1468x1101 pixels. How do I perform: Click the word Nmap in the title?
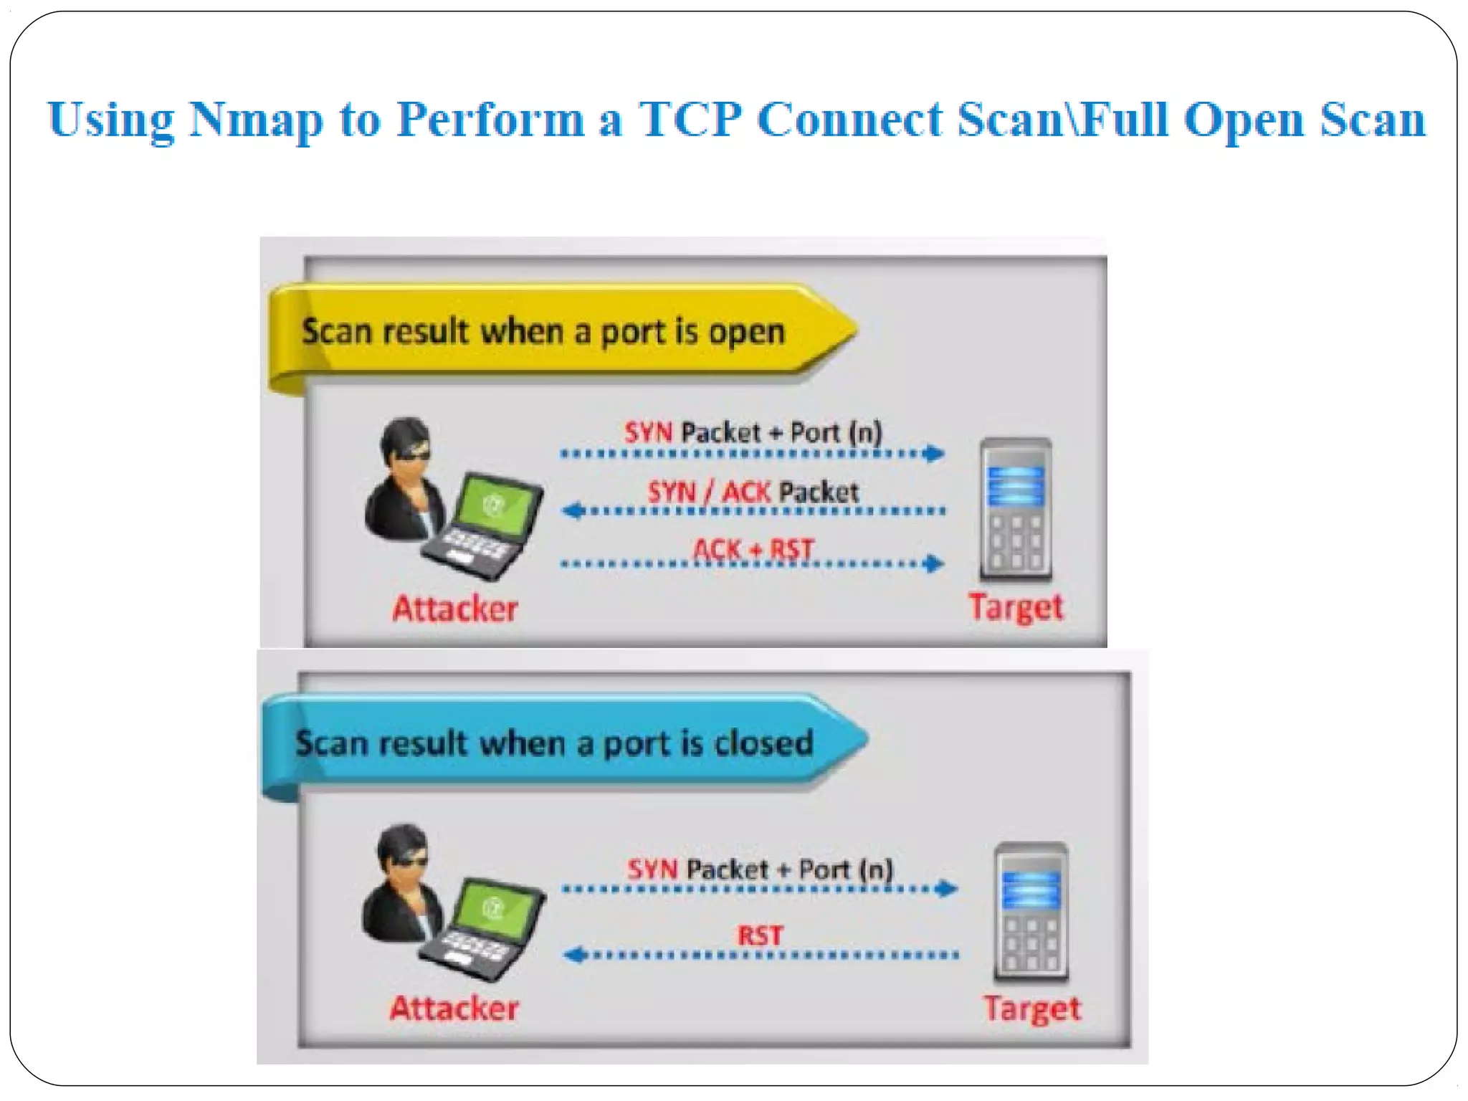(256, 120)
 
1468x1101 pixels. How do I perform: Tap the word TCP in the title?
(689, 119)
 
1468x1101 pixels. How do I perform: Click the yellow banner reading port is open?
(545, 333)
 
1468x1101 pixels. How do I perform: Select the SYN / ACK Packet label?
(753, 492)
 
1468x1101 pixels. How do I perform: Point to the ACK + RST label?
(753, 550)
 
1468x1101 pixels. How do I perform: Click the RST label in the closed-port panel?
(760, 935)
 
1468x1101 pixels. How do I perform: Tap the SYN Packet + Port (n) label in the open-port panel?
(753, 432)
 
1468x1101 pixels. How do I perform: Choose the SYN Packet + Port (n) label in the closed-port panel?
(760, 869)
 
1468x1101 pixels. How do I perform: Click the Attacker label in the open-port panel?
(454, 609)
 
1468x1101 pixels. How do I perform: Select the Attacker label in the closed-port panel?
(454, 1009)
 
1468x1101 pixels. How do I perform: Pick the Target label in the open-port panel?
(1016, 608)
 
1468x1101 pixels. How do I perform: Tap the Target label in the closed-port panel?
(1031, 1009)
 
